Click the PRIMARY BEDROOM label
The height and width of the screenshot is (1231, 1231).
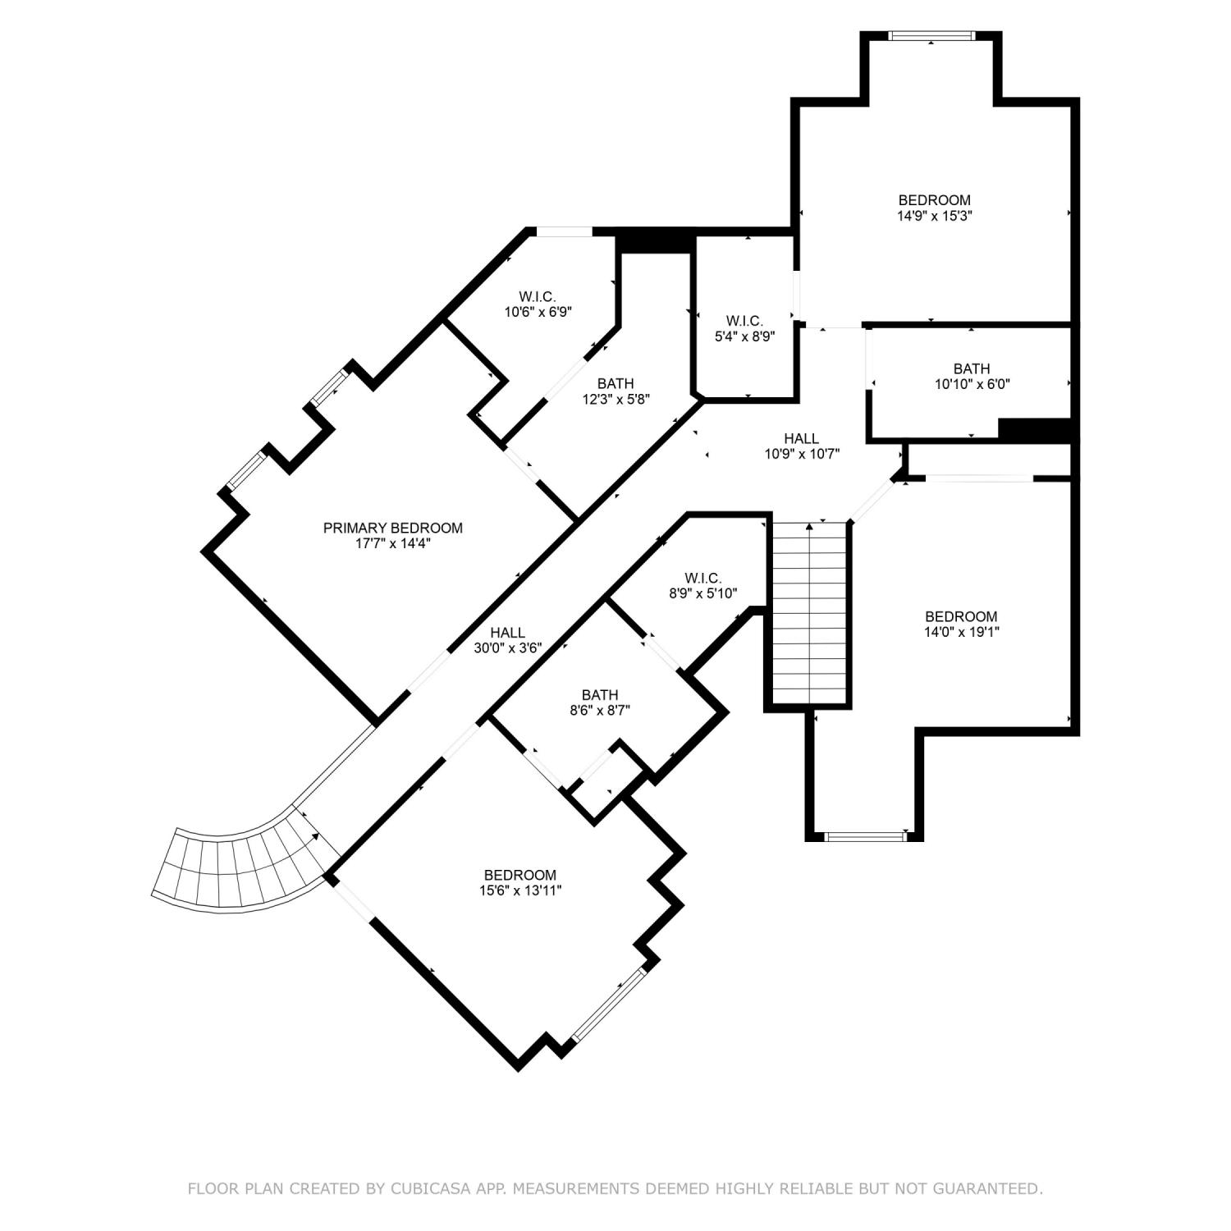coord(392,528)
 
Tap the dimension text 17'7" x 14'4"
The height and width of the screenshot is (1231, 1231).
coord(392,543)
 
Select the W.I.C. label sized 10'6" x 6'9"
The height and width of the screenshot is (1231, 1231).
coord(538,296)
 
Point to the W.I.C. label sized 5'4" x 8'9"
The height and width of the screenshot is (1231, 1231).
coord(744,320)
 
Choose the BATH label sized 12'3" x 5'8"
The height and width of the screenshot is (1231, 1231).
coord(615,383)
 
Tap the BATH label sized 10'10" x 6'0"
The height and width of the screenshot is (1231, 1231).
coord(972,368)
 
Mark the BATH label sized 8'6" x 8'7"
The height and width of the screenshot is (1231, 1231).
coord(600,695)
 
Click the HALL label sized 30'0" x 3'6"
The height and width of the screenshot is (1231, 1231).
coord(508,633)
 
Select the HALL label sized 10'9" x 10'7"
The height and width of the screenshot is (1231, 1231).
coord(801,438)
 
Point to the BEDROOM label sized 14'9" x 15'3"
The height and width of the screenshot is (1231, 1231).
coord(935,200)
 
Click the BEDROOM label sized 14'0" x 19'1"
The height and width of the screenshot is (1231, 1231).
coord(961,616)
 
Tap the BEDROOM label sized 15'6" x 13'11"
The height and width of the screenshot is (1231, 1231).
coord(519,875)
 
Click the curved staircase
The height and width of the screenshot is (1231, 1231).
coord(246,870)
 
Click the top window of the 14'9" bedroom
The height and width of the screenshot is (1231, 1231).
coord(931,35)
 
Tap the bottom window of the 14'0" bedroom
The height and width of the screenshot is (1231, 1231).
coord(867,837)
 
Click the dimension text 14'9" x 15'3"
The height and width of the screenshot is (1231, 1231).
coord(935,216)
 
